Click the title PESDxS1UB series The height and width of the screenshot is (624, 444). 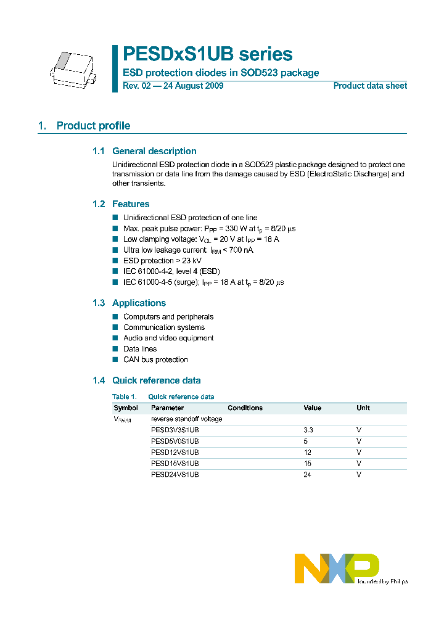(207, 54)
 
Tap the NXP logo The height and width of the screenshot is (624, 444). (337, 568)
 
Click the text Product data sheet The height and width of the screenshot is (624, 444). (370, 86)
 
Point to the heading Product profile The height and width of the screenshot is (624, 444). (93, 126)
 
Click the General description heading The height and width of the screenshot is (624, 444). (154, 151)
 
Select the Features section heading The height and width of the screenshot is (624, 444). (131, 204)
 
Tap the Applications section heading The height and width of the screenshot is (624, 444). (139, 303)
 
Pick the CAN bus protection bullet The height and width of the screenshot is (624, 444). (155, 359)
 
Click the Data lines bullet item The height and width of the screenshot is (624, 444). (140, 349)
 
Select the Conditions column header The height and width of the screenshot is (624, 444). (245, 408)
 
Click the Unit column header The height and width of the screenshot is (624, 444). (363, 408)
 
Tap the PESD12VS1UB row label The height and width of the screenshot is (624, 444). (175, 453)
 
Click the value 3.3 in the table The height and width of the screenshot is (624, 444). (308, 430)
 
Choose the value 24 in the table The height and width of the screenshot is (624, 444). (307, 475)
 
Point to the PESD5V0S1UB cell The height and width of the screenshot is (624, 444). (175, 441)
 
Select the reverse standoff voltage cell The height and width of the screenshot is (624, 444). (186, 419)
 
